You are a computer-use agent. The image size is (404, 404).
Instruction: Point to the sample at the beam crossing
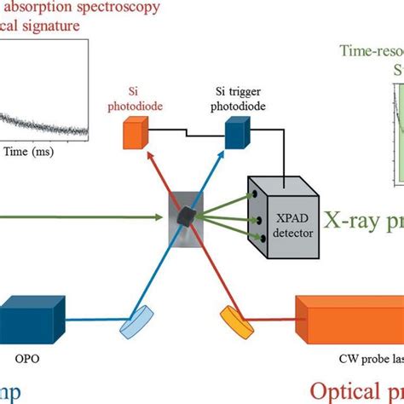[185, 217]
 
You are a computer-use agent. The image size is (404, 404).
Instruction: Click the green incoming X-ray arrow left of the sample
[85, 216]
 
